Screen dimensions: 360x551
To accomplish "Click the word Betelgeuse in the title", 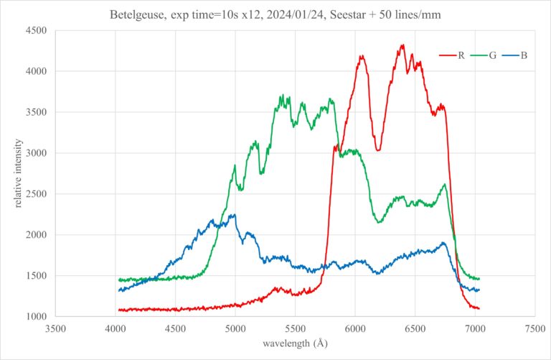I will [x=136, y=14].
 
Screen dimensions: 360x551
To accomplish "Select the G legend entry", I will [x=493, y=55].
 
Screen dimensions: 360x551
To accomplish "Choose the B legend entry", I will [x=524, y=55].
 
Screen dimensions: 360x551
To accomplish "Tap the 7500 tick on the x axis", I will [x=534, y=329].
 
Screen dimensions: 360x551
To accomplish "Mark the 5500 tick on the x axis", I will [x=295, y=329].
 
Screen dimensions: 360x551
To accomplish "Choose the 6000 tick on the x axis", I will [x=355, y=329].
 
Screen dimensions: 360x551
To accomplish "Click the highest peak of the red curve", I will [x=402, y=45].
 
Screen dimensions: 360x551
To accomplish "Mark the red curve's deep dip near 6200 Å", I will [x=378, y=149].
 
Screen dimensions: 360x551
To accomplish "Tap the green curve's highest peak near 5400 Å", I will [x=282, y=96].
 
